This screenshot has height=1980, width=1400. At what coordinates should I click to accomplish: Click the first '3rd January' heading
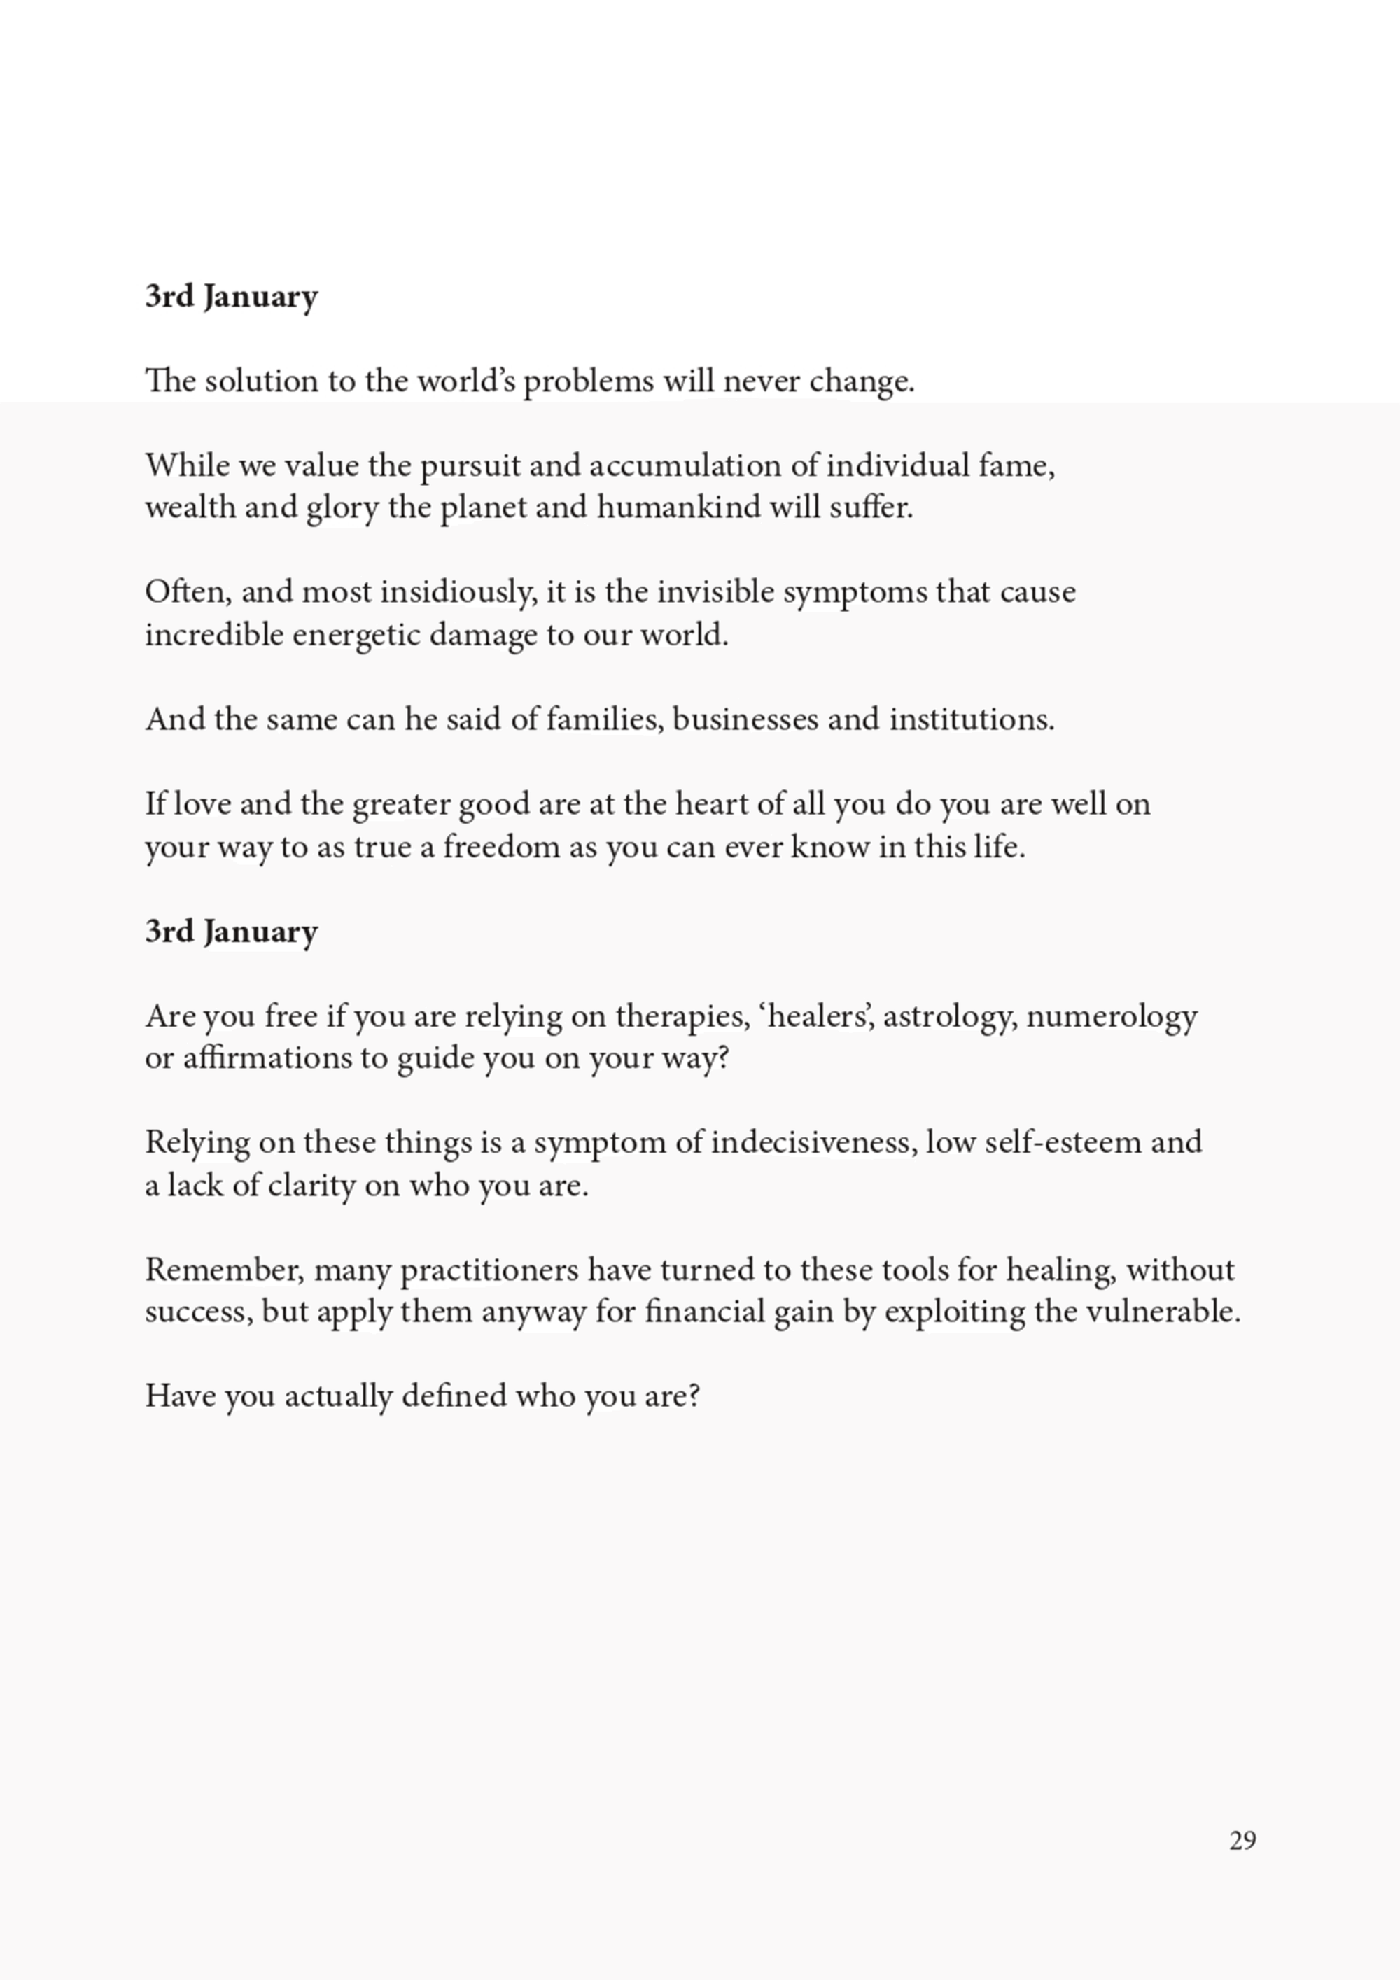point(231,297)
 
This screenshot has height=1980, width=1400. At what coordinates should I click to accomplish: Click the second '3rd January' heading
point(231,932)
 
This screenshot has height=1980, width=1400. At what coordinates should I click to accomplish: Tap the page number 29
point(1242,1840)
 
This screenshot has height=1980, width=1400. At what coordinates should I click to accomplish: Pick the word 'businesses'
point(744,719)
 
